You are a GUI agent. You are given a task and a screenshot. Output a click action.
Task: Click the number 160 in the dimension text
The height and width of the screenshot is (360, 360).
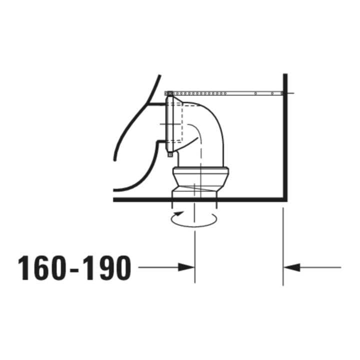pos(42,268)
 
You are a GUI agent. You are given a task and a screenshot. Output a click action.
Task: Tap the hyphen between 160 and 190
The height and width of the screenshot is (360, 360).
pos(74,270)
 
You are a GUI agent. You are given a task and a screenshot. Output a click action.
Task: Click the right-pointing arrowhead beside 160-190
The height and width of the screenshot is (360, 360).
pos(186,267)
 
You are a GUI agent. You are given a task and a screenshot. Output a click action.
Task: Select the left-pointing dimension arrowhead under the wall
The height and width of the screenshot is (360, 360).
pos(292,267)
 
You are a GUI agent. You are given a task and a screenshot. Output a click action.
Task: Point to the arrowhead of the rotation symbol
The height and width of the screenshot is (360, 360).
pos(179,213)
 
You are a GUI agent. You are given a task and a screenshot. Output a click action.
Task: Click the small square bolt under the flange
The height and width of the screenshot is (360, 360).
pos(170,154)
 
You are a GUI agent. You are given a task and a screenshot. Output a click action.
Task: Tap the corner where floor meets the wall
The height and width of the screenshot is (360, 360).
pos(285,199)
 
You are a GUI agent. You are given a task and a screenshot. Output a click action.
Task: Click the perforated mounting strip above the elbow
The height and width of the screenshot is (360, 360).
pos(224,93)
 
